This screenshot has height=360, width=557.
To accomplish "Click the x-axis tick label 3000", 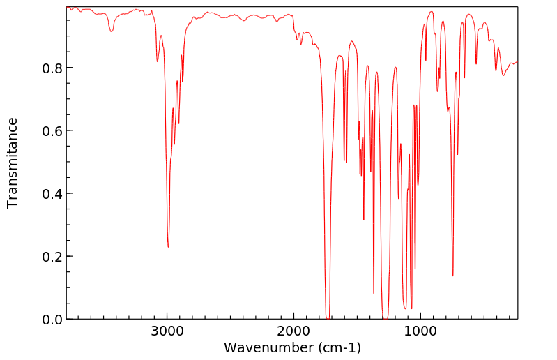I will click(x=167, y=333).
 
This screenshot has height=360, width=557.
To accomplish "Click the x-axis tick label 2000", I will click(x=293, y=333).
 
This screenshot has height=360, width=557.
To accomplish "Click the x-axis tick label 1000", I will click(x=420, y=333).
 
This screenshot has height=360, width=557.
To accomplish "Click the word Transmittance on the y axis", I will click(x=13, y=163).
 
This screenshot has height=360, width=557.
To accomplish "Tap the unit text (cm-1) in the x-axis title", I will click(x=339, y=347).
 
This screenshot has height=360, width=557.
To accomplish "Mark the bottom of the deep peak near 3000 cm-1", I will click(x=168, y=246).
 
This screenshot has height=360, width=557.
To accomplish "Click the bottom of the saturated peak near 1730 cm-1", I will click(x=328, y=317).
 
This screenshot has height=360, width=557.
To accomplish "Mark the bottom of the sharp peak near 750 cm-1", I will click(x=452, y=276).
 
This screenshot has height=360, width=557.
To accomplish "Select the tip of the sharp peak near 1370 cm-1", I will click(x=374, y=293).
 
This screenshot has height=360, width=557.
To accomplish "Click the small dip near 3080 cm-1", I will click(x=158, y=61).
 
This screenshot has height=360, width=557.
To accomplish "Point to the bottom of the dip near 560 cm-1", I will click(x=476, y=63).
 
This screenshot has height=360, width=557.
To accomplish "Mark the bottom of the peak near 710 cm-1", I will click(x=457, y=154).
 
